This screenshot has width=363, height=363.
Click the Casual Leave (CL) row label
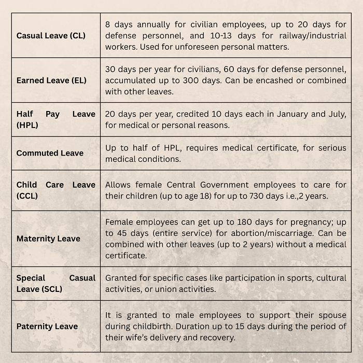(x=51, y=36)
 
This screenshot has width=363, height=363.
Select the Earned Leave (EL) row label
(x=51, y=80)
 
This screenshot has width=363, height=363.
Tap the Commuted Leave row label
(x=50, y=153)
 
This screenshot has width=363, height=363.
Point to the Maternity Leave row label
(x=48, y=239)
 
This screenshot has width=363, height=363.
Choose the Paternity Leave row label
(x=47, y=326)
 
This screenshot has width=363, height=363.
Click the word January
(x=281, y=114)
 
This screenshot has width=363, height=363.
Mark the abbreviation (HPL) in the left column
(x=27, y=125)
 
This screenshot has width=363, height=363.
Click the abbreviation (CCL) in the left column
(x=27, y=196)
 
